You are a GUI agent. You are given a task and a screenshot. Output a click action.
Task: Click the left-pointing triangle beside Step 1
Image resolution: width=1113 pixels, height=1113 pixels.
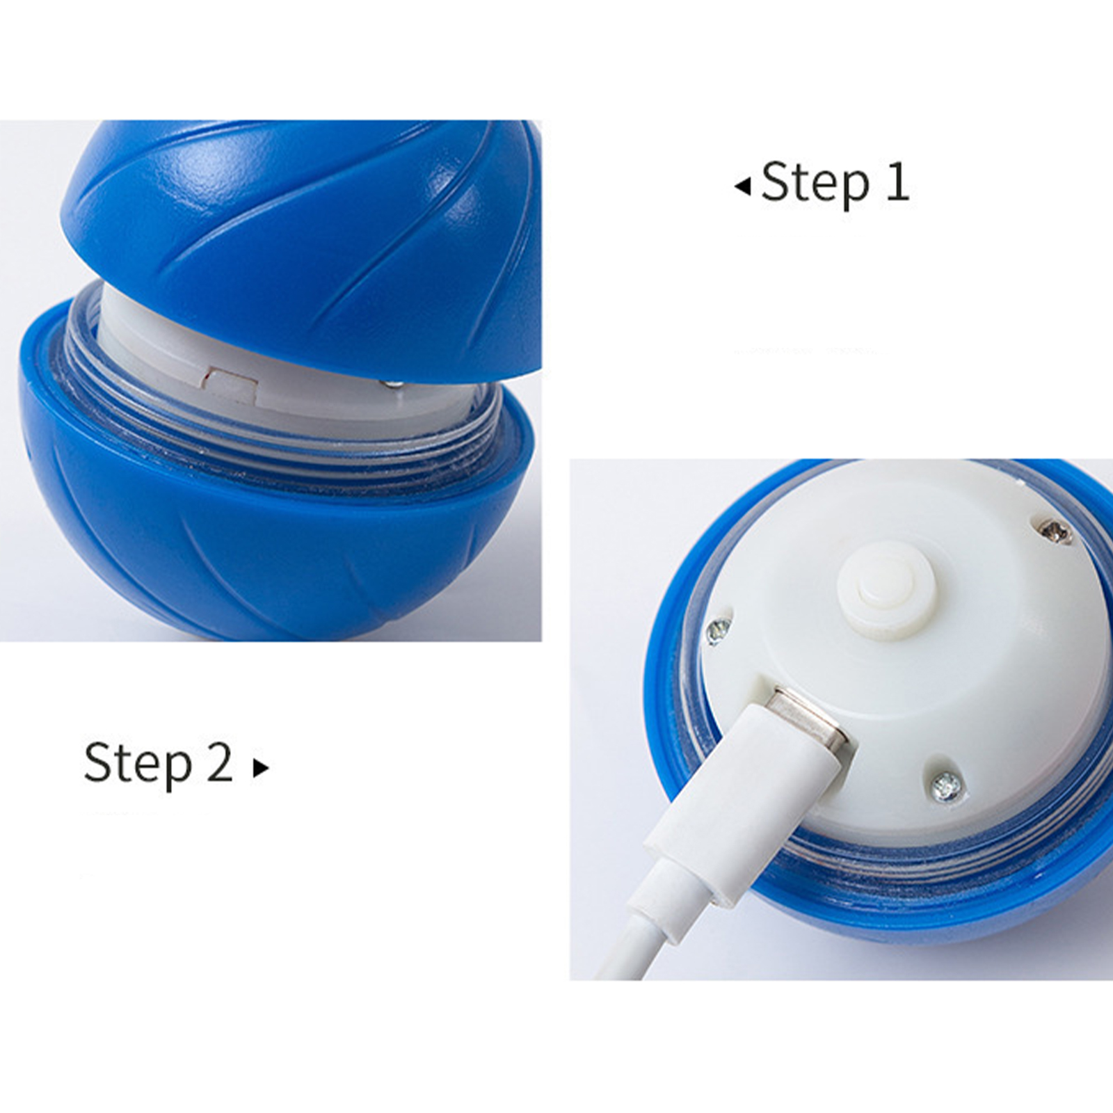point(743,186)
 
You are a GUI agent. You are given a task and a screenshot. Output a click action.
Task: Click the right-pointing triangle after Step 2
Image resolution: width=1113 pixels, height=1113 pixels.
point(261,768)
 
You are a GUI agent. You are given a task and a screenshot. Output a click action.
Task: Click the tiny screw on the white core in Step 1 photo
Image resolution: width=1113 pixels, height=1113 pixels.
point(391,383)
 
